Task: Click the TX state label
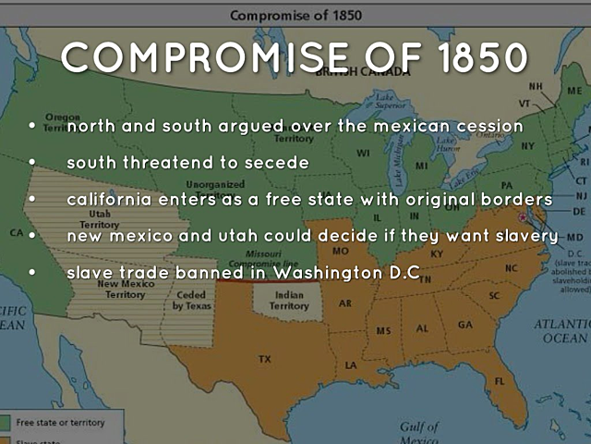(x=265, y=358)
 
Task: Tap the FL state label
(x=498, y=381)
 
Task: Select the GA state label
(x=464, y=325)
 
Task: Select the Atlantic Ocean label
(x=562, y=331)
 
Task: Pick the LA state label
(x=352, y=364)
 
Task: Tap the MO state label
(x=341, y=251)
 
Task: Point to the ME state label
(x=574, y=92)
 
